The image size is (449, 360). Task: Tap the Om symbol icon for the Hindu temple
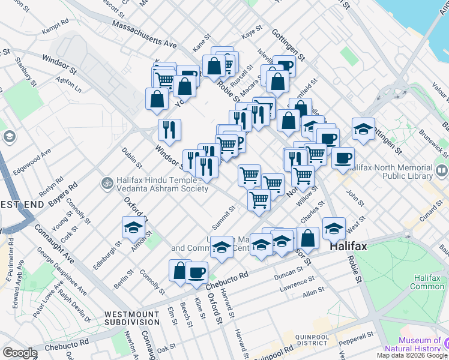pos(107,181)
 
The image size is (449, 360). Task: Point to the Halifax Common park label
pos(427,283)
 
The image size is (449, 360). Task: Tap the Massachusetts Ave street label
pos(144,35)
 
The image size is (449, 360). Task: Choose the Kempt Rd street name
pos(61,29)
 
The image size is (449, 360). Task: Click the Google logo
pos(20,353)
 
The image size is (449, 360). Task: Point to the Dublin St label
pos(131,158)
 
